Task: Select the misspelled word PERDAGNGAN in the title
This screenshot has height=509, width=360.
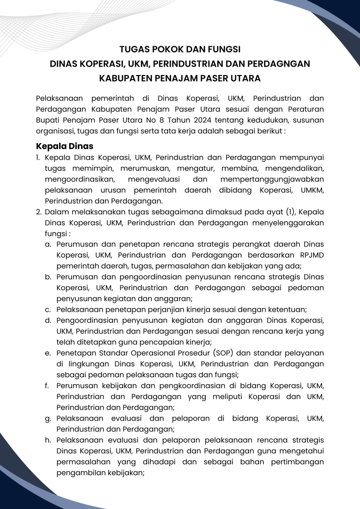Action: click(x=277, y=64)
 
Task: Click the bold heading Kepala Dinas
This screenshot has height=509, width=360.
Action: click(x=65, y=147)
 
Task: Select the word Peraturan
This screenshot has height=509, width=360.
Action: click(x=304, y=109)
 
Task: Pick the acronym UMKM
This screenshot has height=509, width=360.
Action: click(x=311, y=190)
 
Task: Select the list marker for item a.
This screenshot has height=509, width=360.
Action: click(x=48, y=245)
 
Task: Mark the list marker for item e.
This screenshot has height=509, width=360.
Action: click(x=48, y=353)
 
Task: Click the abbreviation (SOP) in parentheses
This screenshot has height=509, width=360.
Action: click(x=227, y=353)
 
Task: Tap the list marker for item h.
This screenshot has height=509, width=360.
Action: click(x=48, y=440)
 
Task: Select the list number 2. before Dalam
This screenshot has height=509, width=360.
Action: click(x=39, y=212)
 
